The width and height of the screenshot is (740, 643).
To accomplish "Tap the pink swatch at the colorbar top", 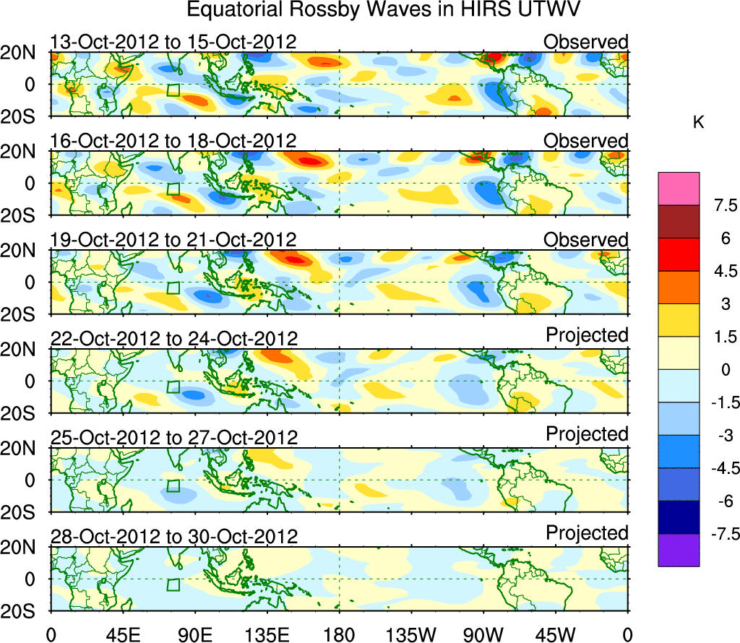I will [679, 189].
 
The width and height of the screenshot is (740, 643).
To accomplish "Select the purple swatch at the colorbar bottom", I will [679, 550].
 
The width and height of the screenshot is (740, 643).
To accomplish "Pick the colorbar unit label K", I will [698, 124].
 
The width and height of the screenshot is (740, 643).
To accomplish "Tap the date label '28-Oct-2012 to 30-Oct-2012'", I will [173, 537].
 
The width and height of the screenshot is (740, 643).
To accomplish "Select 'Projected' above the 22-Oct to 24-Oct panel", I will [587, 335].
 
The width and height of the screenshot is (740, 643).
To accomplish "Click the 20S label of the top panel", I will [25, 118].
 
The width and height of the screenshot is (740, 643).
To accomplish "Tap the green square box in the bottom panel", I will [173, 584].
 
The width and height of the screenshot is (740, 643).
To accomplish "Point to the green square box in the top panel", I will [173, 90].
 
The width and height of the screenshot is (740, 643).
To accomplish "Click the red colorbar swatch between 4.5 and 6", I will [679, 255].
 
